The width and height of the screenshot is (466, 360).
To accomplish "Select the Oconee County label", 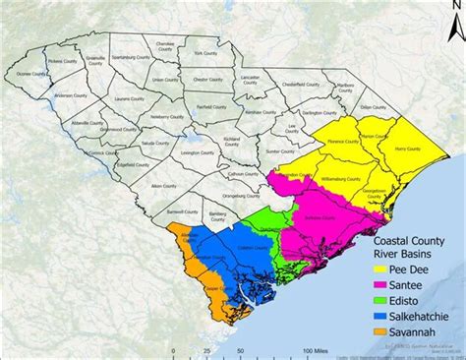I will click(33, 74).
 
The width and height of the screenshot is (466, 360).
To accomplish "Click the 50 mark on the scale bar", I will click(239, 349).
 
